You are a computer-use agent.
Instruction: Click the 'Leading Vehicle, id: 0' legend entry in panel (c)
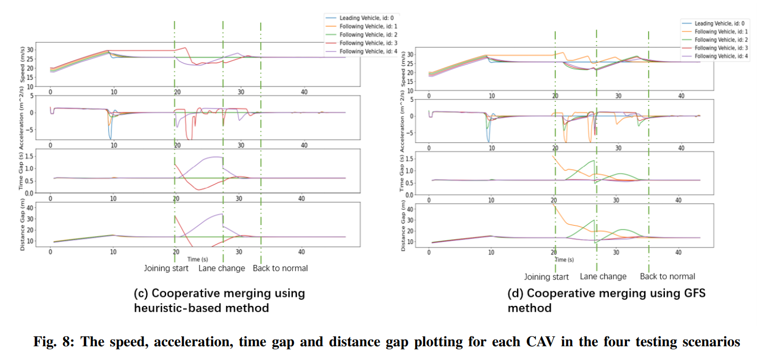coord(362,18)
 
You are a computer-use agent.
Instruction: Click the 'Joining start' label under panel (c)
coord(166,268)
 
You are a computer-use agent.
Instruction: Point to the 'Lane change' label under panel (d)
coord(603,276)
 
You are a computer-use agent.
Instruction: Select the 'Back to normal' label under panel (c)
coord(280,268)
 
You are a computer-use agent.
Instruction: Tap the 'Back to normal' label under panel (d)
coord(668,276)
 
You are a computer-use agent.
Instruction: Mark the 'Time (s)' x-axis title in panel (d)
coord(564,260)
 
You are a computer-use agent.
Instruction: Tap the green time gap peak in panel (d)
coord(593,161)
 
